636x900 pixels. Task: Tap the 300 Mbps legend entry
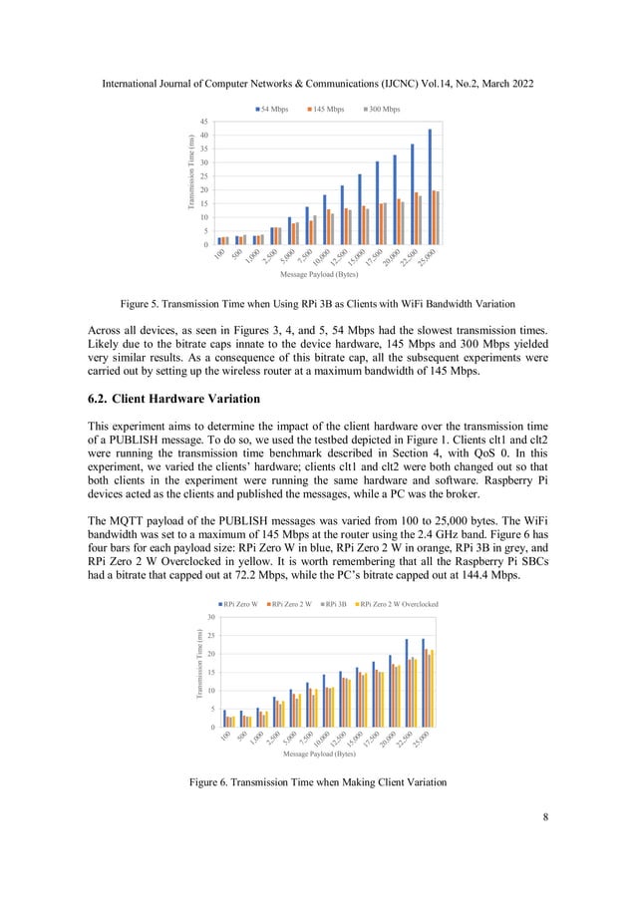click(x=380, y=109)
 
